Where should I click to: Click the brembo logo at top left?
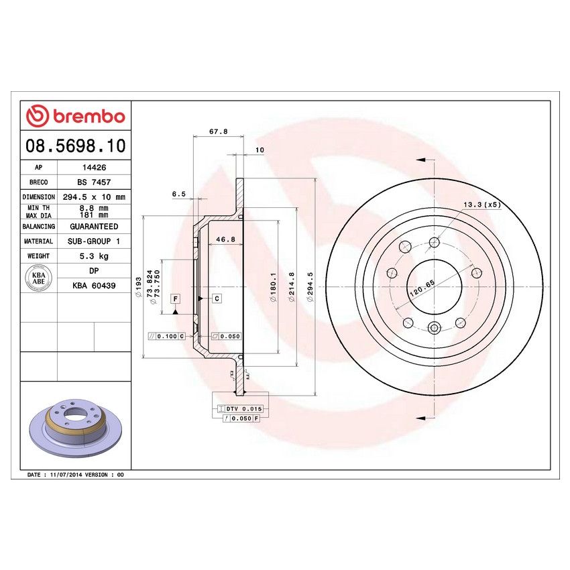[x=75, y=116]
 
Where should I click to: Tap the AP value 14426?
[x=94, y=168]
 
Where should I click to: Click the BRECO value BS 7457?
[x=94, y=182]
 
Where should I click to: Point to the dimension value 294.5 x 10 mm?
[x=94, y=197]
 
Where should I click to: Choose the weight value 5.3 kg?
[x=94, y=255]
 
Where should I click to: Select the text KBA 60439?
[x=94, y=285]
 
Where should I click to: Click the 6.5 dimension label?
[x=178, y=194]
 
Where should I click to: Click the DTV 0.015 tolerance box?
[x=244, y=408]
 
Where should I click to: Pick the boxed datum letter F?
[x=175, y=298]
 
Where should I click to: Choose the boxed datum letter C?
[x=217, y=298]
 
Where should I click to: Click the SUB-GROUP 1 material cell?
[x=94, y=241]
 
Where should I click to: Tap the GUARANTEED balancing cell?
[x=94, y=227]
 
